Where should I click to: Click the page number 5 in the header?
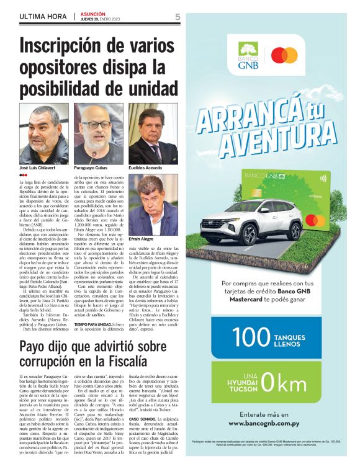pyautogui.click(x=178, y=17)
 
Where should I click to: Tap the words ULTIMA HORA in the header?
pyautogui.click(x=43, y=16)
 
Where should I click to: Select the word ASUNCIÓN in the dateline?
pyautogui.click(x=94, y=14)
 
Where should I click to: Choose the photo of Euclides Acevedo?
pyautogui.click(x=153, y=133)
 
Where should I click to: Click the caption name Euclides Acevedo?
pyautogui.click(x=146, y=168)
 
